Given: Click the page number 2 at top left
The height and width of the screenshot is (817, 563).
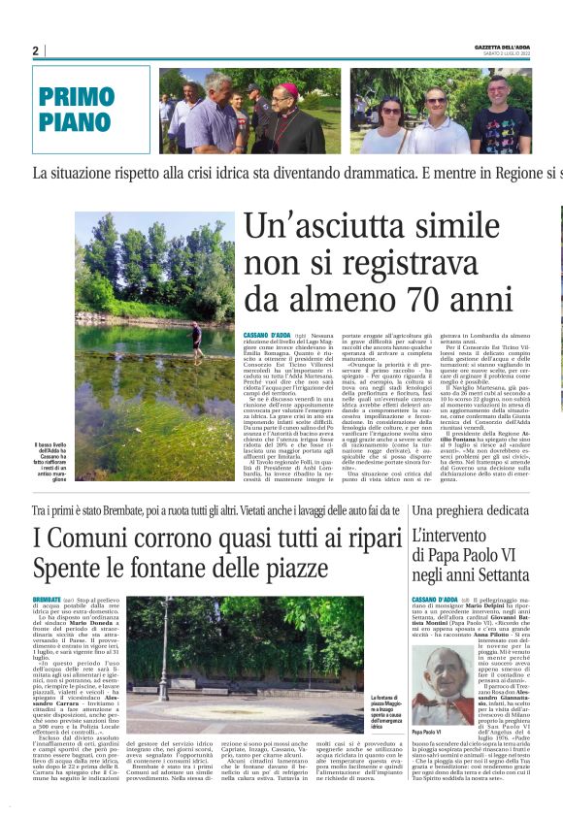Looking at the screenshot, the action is point(35,50).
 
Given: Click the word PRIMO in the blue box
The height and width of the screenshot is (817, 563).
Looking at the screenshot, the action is point(78,96).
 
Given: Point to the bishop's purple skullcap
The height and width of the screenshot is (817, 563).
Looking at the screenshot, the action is point(287,88).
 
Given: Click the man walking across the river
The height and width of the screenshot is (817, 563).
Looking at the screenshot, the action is point(197,340).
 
